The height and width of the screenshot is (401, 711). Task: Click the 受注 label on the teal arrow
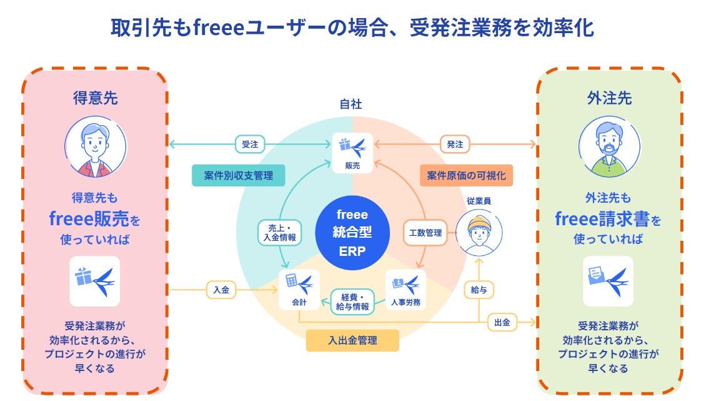coord(250,145)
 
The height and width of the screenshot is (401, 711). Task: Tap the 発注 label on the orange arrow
coord(455,145)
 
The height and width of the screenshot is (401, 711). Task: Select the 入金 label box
coord(222,290)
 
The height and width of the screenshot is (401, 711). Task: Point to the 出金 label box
coord(502,322)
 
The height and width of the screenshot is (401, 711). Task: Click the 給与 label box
coord(479,290)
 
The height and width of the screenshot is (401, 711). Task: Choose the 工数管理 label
coord(425,233)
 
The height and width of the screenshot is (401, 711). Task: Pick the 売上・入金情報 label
coord(279,233)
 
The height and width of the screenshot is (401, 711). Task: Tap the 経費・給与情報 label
coord(352,302)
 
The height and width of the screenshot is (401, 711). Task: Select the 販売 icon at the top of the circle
coord(352,152)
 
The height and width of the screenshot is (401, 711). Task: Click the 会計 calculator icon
coord(299,289)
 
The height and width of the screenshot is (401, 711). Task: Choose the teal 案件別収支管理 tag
coord(238,176)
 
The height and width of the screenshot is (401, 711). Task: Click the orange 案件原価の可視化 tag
coord(466,176)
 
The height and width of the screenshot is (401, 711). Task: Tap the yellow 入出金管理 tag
coord(352,341)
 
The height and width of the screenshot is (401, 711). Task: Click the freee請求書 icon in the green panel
coord(608,281)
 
